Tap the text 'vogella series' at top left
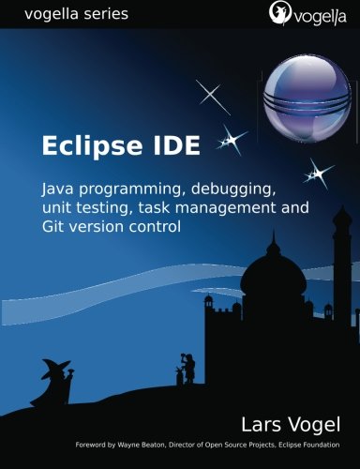point(65,14)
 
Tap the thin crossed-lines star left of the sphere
point(214,95)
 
